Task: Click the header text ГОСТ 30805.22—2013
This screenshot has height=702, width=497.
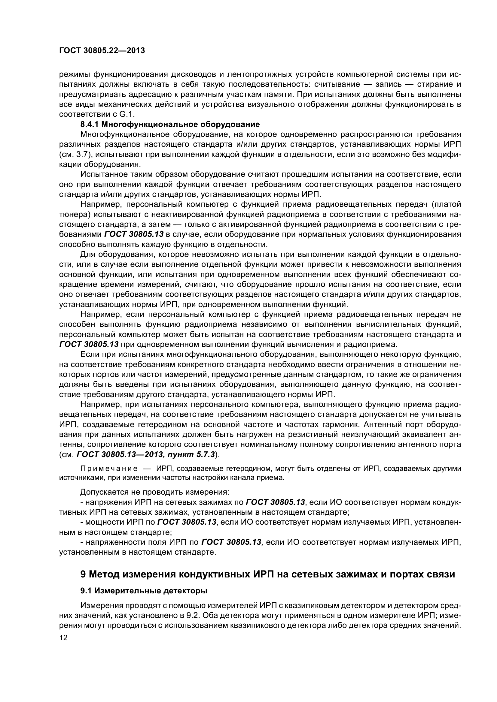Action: click(x=102, y=51)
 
